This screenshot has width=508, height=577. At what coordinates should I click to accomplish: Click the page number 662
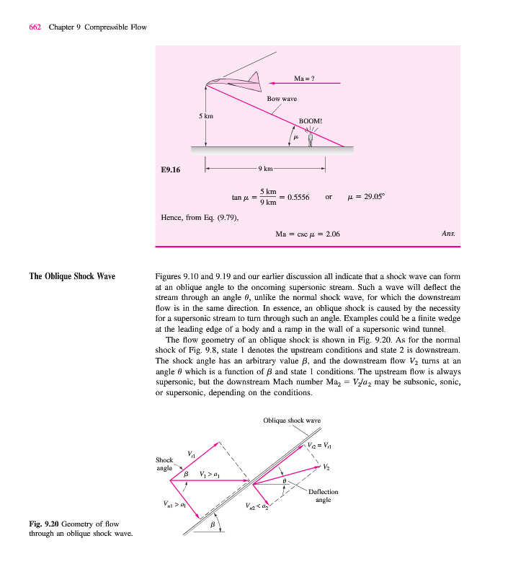click(35, 27)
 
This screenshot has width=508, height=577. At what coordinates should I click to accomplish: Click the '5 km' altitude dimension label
click(206, 115)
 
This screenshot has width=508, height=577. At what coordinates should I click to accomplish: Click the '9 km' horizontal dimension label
click(265, 169)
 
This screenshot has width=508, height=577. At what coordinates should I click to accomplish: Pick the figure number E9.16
click(171, 170)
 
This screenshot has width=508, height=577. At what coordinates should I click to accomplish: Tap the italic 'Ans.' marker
click(447, 234)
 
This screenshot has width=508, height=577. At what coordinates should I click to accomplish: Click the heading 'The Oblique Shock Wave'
click(72, 276)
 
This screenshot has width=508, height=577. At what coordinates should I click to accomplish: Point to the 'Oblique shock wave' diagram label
click(292, 420)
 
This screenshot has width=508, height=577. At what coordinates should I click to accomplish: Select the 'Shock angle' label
click(164, 464)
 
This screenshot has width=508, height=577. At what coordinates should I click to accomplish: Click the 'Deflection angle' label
click(323, 495)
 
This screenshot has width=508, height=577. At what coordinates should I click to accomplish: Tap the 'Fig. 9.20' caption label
click(42, 524)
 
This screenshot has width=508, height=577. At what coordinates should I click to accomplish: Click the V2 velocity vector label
click(326, 467)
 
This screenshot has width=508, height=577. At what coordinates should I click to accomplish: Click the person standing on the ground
click(310, 138)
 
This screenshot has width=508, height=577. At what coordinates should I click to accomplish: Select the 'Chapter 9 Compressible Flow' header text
click(97, 27)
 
